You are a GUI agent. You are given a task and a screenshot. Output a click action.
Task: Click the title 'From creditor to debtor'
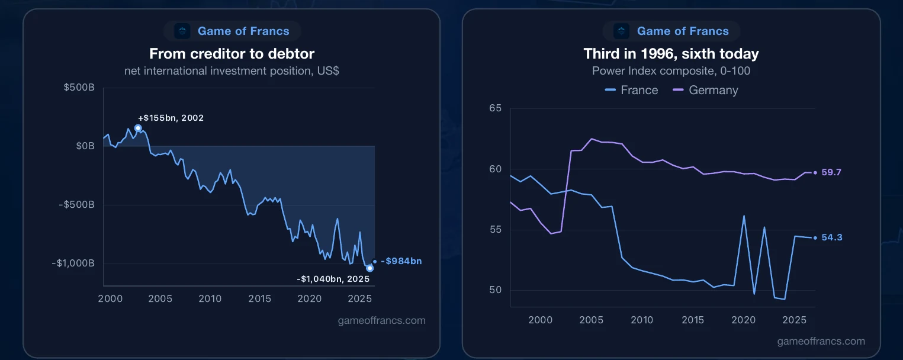(x=232, y=54)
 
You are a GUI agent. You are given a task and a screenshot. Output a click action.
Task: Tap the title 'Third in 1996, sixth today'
(x=671, y=54)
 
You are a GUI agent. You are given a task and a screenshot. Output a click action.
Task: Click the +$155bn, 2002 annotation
(x=171, y=118)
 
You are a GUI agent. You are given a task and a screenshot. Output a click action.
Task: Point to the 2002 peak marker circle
(x=138, y=128)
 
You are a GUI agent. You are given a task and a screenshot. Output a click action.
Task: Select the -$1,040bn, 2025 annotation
(x=333, y=279)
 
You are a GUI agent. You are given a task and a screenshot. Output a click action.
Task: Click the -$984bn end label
(x=401, y=261)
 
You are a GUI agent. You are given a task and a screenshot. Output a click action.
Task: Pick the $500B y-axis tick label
(x=79, y=87)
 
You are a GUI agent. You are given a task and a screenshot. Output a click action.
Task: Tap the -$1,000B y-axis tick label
(x=73, y=263)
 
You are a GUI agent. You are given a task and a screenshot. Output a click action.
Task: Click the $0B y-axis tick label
(x=85, y=146)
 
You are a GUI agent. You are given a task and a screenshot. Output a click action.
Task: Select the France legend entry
(x=631, y=90)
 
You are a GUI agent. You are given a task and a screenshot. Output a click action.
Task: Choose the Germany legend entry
(x=705, y=90)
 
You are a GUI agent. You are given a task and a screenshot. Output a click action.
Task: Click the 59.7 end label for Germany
(x=831, y=172)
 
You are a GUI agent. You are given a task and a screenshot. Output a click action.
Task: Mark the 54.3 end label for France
(x=831, y=237)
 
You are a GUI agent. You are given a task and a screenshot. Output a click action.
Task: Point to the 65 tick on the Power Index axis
(x=496, y=108)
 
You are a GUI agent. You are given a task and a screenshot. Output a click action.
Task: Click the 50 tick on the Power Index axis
(x=496, y=290)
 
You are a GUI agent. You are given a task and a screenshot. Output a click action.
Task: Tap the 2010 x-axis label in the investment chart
(x=210, y=299)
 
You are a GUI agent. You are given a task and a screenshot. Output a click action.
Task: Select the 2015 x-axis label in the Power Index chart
(x=693, y=320)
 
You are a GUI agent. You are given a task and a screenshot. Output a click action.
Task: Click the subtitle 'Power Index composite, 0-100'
(x=671, y=71)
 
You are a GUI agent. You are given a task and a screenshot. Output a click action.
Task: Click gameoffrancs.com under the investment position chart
(x=382, y=320)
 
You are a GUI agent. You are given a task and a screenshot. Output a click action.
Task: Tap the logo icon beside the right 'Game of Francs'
(x=621, y=31)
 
